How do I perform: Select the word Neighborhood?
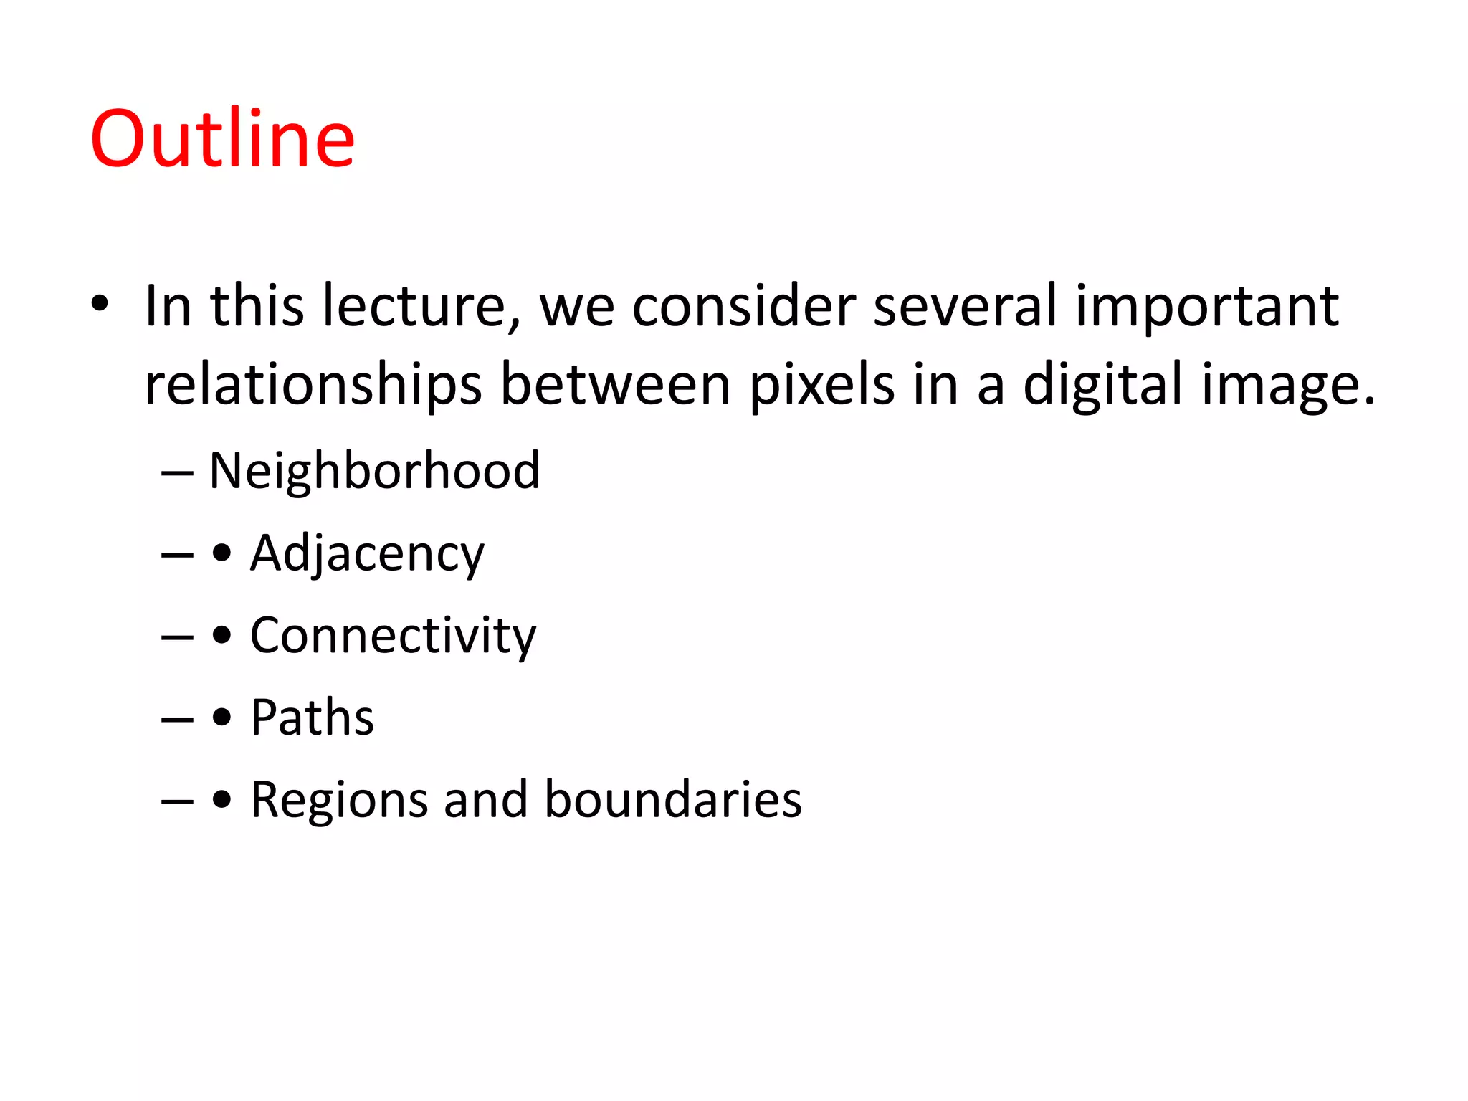pyautogui.click(x=374, y=471)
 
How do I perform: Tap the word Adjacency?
pyautogui.click(x=367, y=554)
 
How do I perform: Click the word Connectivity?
pyautogui.click(x=393, y=636)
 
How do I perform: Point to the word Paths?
pyautogui.click(x=312, y=718)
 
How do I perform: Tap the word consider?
pyautogui.click(x=744, y=306)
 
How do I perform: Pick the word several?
pyautogui.click(x=965, y=306)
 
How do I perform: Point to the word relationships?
pyautogui.click(x=313, y=386)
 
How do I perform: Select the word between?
pyautogui.click(x=615, y=385)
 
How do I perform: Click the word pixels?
pyautogui.click(x=821, y=386)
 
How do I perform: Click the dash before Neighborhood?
pyautogui.click(x=177, y=473)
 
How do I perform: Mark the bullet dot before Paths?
pyautogui.click(x=222, y=718)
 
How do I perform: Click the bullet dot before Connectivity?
pyautogui.click(x=222, y=636)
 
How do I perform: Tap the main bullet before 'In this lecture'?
pyautogui.click(x=100, y=303)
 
